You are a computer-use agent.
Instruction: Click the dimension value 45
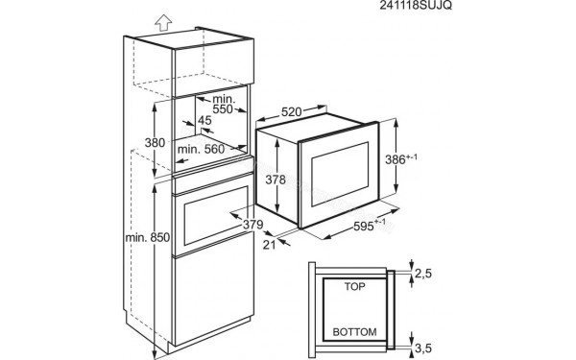204,120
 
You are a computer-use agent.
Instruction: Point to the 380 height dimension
141,141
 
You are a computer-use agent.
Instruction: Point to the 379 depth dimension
252,226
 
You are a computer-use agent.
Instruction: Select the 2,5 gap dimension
423,275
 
